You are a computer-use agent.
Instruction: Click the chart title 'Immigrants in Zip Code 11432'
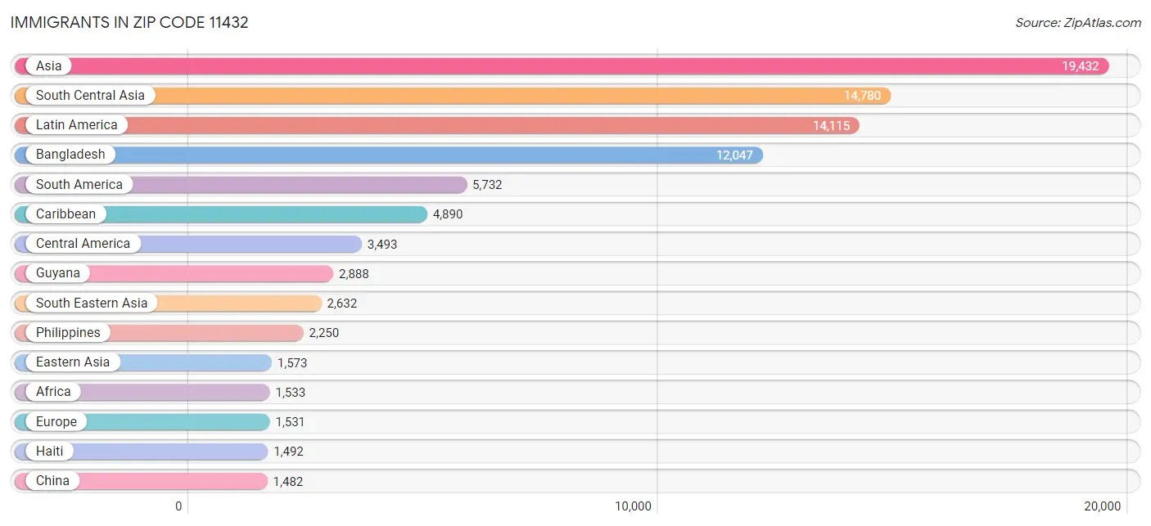(129, 23)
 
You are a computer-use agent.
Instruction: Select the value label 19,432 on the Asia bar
(1080, 66)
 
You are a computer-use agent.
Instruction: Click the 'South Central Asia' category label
(90, 96)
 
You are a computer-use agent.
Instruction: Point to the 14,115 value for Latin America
(831, 126)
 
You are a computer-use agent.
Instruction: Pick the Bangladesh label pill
(70, 155)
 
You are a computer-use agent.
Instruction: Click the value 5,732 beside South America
(487, 185)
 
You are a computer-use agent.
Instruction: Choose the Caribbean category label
(65, 214)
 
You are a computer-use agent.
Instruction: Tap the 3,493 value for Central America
(382, 244)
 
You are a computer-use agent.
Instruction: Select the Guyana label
(58, 273)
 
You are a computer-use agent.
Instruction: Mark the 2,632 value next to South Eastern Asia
(342, 303)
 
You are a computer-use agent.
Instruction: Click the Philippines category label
(68, 333)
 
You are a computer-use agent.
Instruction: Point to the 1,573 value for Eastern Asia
(292, 362)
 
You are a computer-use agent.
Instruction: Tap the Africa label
(53, 392)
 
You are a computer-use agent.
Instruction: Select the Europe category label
(56, 422)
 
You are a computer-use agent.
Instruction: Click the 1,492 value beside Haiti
(288, 452)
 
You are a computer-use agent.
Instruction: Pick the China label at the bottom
(52, 481)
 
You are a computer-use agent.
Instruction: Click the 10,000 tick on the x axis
(634, 506)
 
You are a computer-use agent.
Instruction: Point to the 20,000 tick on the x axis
(1103, 506)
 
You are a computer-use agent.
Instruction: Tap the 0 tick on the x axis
(178, 506)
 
